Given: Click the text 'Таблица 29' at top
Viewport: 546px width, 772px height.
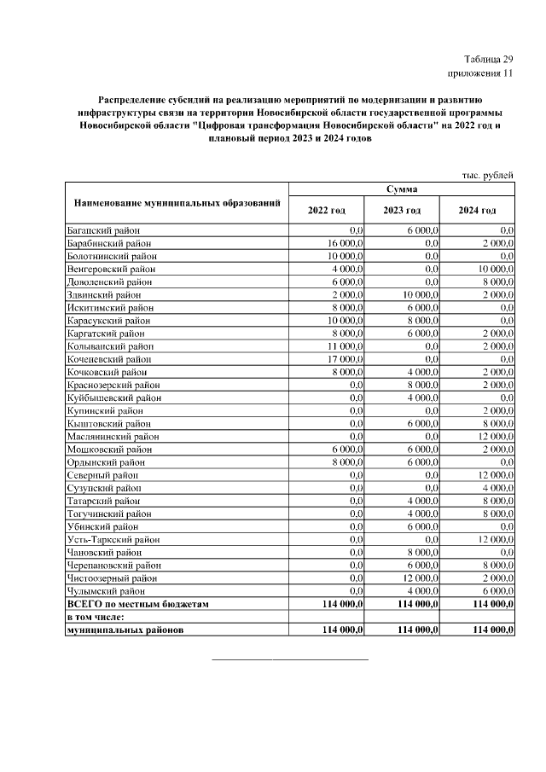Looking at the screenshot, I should pyautogui.click(x=489, y=59).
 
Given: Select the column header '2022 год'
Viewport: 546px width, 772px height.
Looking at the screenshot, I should pyautogui.click(x=327, y=210).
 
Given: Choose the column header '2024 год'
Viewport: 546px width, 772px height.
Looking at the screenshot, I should pyautogui.click(x=476, y=210).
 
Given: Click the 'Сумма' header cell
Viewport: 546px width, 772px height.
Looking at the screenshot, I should pyautogui.click(x=401, y=189).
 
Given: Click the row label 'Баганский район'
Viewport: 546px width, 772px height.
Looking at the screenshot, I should pyautogui.click(x=103, y=230).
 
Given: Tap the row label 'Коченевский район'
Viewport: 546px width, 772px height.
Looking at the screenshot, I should pyautogui.click(x=108, y=359).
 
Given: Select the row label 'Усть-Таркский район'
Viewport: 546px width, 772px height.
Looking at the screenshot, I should pyautogui.click(x=112, y=539).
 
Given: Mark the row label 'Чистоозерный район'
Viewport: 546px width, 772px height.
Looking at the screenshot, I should pyautogui.click(x=111, y=578).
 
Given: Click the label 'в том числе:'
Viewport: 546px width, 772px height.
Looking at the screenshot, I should pyautogui.click(x=96, y=617).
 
